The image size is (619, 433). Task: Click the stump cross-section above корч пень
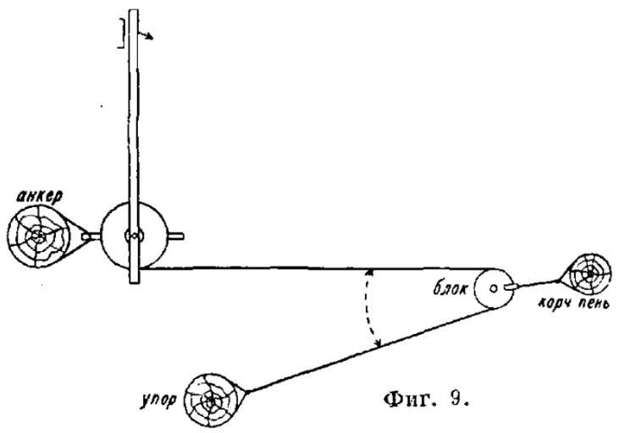(x=586, y=274)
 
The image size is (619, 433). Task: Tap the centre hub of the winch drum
(x=133, y=236)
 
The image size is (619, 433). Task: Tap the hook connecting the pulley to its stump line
(x=510, y=288)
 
